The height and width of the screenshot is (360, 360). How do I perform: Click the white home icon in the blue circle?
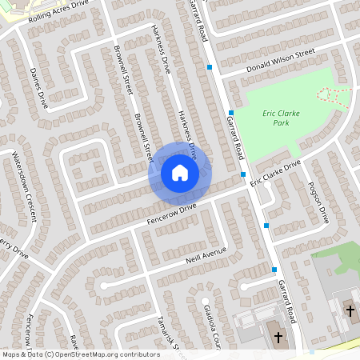[179, 172]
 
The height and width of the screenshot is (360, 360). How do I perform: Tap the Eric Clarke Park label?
[281, 118]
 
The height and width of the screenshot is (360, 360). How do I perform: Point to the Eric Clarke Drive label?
[274, 172]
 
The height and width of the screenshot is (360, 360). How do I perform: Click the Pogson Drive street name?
[318, 202]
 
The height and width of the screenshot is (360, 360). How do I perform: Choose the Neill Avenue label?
[205, 254]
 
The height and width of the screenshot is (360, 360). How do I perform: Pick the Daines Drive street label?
[38, 88]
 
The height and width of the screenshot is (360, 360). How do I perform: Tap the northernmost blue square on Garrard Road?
[210, 68]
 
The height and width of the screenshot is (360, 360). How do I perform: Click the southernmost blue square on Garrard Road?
[274, 270]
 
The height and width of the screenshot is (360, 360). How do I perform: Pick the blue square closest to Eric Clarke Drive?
[243, 174]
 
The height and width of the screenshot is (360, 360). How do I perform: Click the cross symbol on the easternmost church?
[349, 310]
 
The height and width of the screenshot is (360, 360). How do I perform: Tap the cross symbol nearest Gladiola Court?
[278, 337]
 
